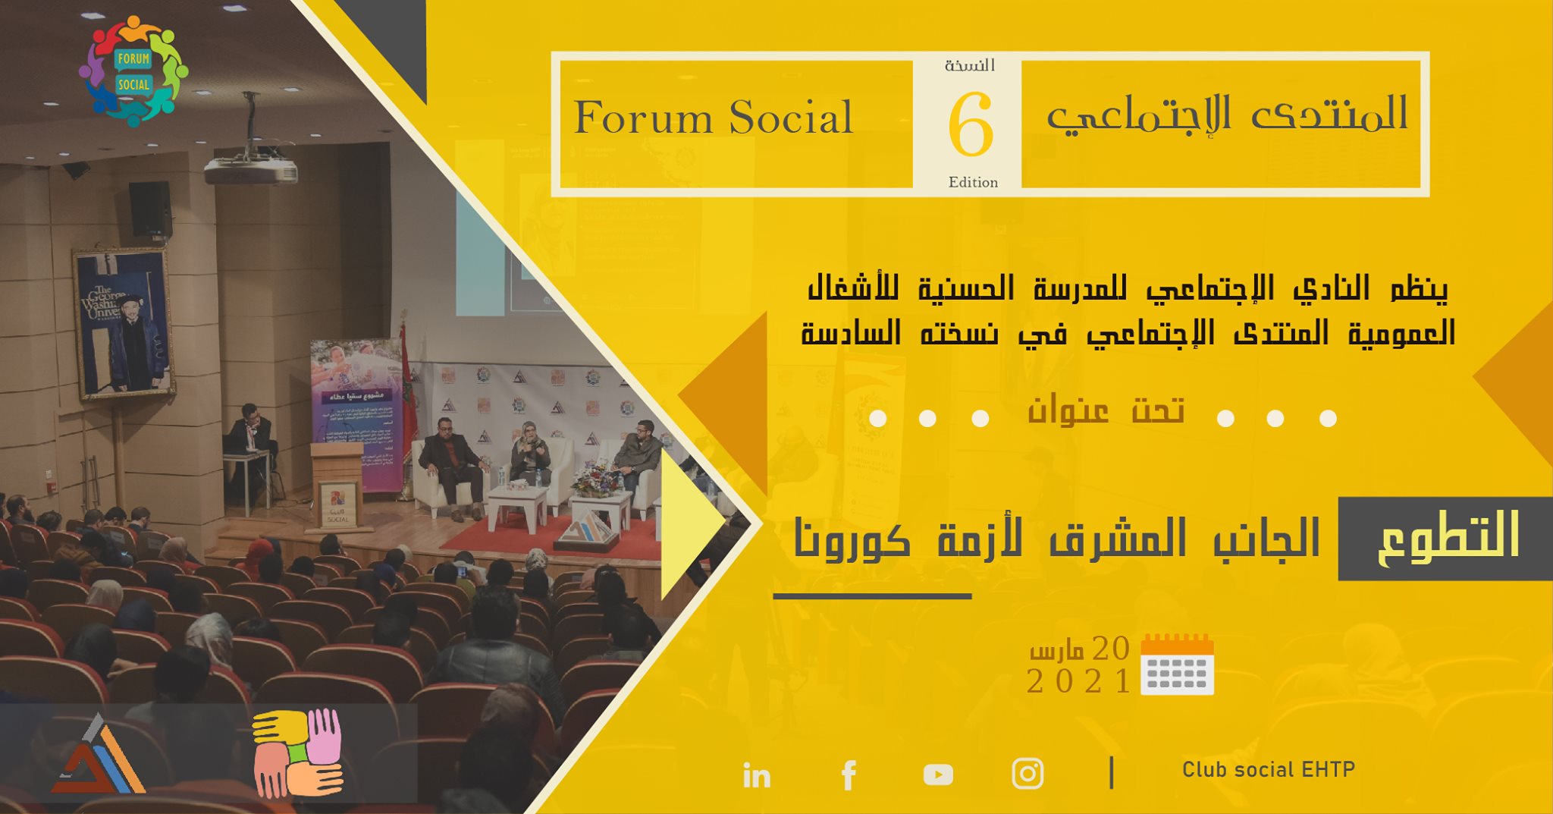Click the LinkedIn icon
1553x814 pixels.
coord(756,775)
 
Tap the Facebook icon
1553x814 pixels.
coord(849,775)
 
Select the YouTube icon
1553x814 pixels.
coord(938,775)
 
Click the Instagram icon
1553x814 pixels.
coord(1027,774)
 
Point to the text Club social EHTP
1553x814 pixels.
coord(1268,770)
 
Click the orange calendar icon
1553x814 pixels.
coord(1177,665)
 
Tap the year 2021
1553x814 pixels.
coord(1078,681)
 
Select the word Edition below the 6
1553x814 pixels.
coord(973,182)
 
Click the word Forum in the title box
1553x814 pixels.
coord(643,118)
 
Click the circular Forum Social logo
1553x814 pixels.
coord(133,71)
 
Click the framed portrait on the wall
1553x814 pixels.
coord(124,322)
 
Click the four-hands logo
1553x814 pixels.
coord(298,753)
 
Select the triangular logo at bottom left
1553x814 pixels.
coord(99,756)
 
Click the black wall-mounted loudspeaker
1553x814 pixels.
coord(149,209)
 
